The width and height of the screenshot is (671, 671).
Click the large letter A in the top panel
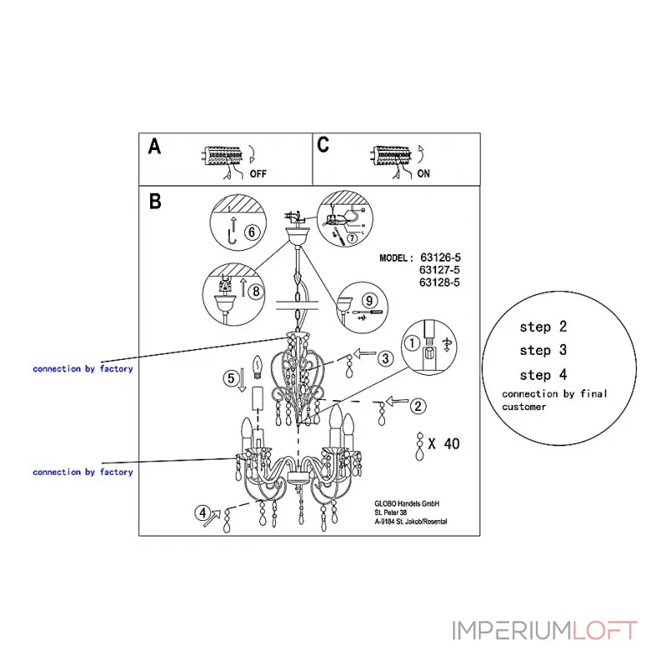tap(154, 148)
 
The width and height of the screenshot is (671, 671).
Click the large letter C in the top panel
tap(324, 144)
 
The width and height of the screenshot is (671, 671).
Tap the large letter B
tap(155, 202)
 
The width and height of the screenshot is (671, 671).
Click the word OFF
tap(259, 174)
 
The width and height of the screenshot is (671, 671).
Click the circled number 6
tap(249, 231)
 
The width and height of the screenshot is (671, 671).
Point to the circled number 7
tap(340, 239)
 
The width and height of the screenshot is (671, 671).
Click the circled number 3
tap(384, 358)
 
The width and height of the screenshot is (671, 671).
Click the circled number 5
tap(231, 378)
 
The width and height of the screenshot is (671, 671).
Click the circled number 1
tap(412, 342)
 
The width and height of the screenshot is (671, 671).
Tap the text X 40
tap(444, 445)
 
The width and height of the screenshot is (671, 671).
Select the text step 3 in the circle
tap(543, 351)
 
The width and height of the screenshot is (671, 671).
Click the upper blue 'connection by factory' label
tap(82, 369)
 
